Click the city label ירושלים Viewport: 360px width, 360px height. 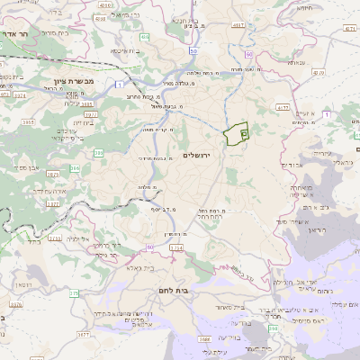[195, 156]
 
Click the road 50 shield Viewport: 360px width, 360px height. [193, 51]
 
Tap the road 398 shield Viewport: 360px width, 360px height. [273, 328]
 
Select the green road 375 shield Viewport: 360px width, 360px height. [74, 292]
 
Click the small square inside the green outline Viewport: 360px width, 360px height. [244, 133]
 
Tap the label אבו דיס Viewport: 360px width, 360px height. [292, 165]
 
